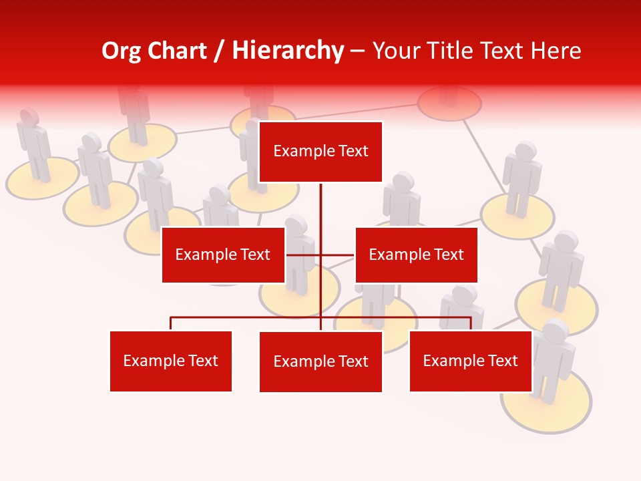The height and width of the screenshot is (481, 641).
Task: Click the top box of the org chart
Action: [x=320, y=152]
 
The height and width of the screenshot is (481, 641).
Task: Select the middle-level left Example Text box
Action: [x=223, y=255]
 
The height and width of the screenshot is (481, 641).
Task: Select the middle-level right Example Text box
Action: [x=416, y=255]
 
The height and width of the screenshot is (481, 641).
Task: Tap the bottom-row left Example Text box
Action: [x=171, y=361]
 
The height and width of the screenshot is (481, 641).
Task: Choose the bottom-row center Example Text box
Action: [x=320, y=361]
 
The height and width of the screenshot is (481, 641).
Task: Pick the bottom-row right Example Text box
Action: [x=470, y=361]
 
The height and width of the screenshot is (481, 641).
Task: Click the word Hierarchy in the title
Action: [x=288, y=51]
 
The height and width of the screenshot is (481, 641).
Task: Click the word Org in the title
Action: [x=122, y=51]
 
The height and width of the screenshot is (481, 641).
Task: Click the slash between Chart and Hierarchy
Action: [x=219, y=51]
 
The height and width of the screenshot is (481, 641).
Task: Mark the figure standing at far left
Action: [x=33, y=144]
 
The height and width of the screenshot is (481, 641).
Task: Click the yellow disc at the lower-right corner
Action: [x=546, y=408]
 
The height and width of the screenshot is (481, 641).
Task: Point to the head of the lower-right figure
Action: [x=556, y=331]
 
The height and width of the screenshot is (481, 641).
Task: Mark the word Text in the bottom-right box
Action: [x=502, y=361]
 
